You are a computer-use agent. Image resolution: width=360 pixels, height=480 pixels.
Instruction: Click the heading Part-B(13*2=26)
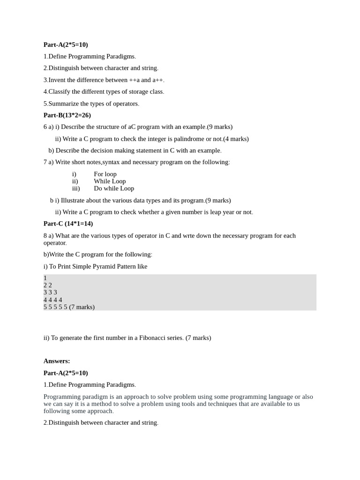click(x=67, y=115)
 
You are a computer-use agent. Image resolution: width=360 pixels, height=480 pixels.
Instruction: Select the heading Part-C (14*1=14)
click(x=68, y=224)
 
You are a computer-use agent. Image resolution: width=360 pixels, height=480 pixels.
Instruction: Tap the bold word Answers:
click(x=57, y=361)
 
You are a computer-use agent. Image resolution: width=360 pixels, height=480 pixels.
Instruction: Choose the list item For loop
click(x=105, y=174)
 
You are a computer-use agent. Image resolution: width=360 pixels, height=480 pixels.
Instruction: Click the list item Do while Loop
click(x=114, y=188)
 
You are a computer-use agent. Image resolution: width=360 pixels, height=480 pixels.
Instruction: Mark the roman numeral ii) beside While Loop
click(x=75, y=181)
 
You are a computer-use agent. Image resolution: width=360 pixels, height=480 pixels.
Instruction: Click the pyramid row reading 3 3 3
click(x=50, y=292)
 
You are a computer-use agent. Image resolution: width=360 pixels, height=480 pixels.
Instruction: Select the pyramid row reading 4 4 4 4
click(x=53, y=300)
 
